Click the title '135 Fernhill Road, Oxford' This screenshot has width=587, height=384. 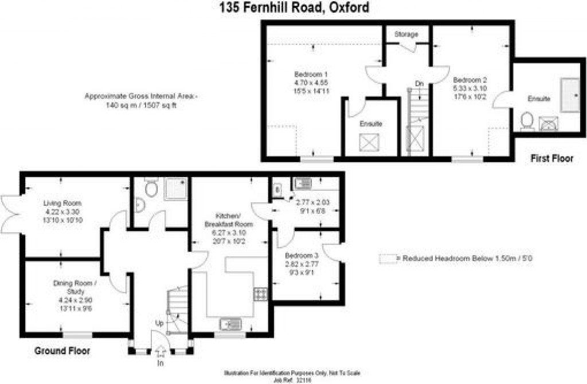(x=293, y=8)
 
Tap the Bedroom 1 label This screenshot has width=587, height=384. (x=311, y=75)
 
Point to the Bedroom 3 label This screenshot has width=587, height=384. (x=300, y=255)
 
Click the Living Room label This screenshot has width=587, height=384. (x=62, y=203)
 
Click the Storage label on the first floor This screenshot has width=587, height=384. (x=406, y=34)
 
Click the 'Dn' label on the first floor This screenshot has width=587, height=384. (x=419, y=84)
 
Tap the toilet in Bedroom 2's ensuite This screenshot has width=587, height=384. (x=527, y=121)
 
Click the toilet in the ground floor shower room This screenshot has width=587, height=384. (x=151, y=189)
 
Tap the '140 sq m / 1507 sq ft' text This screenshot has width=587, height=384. (x=140, y=105)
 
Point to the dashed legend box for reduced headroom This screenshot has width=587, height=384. (x=388, y=259)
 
